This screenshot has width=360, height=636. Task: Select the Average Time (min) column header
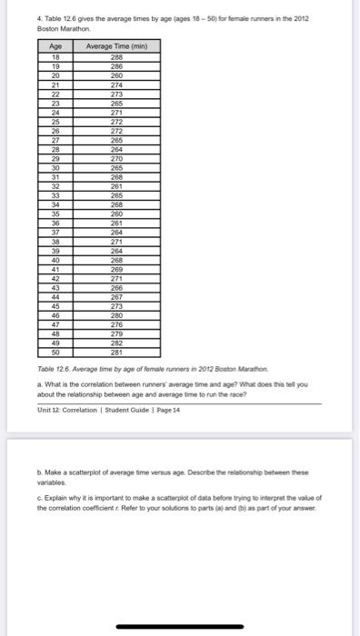pos(116,45)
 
